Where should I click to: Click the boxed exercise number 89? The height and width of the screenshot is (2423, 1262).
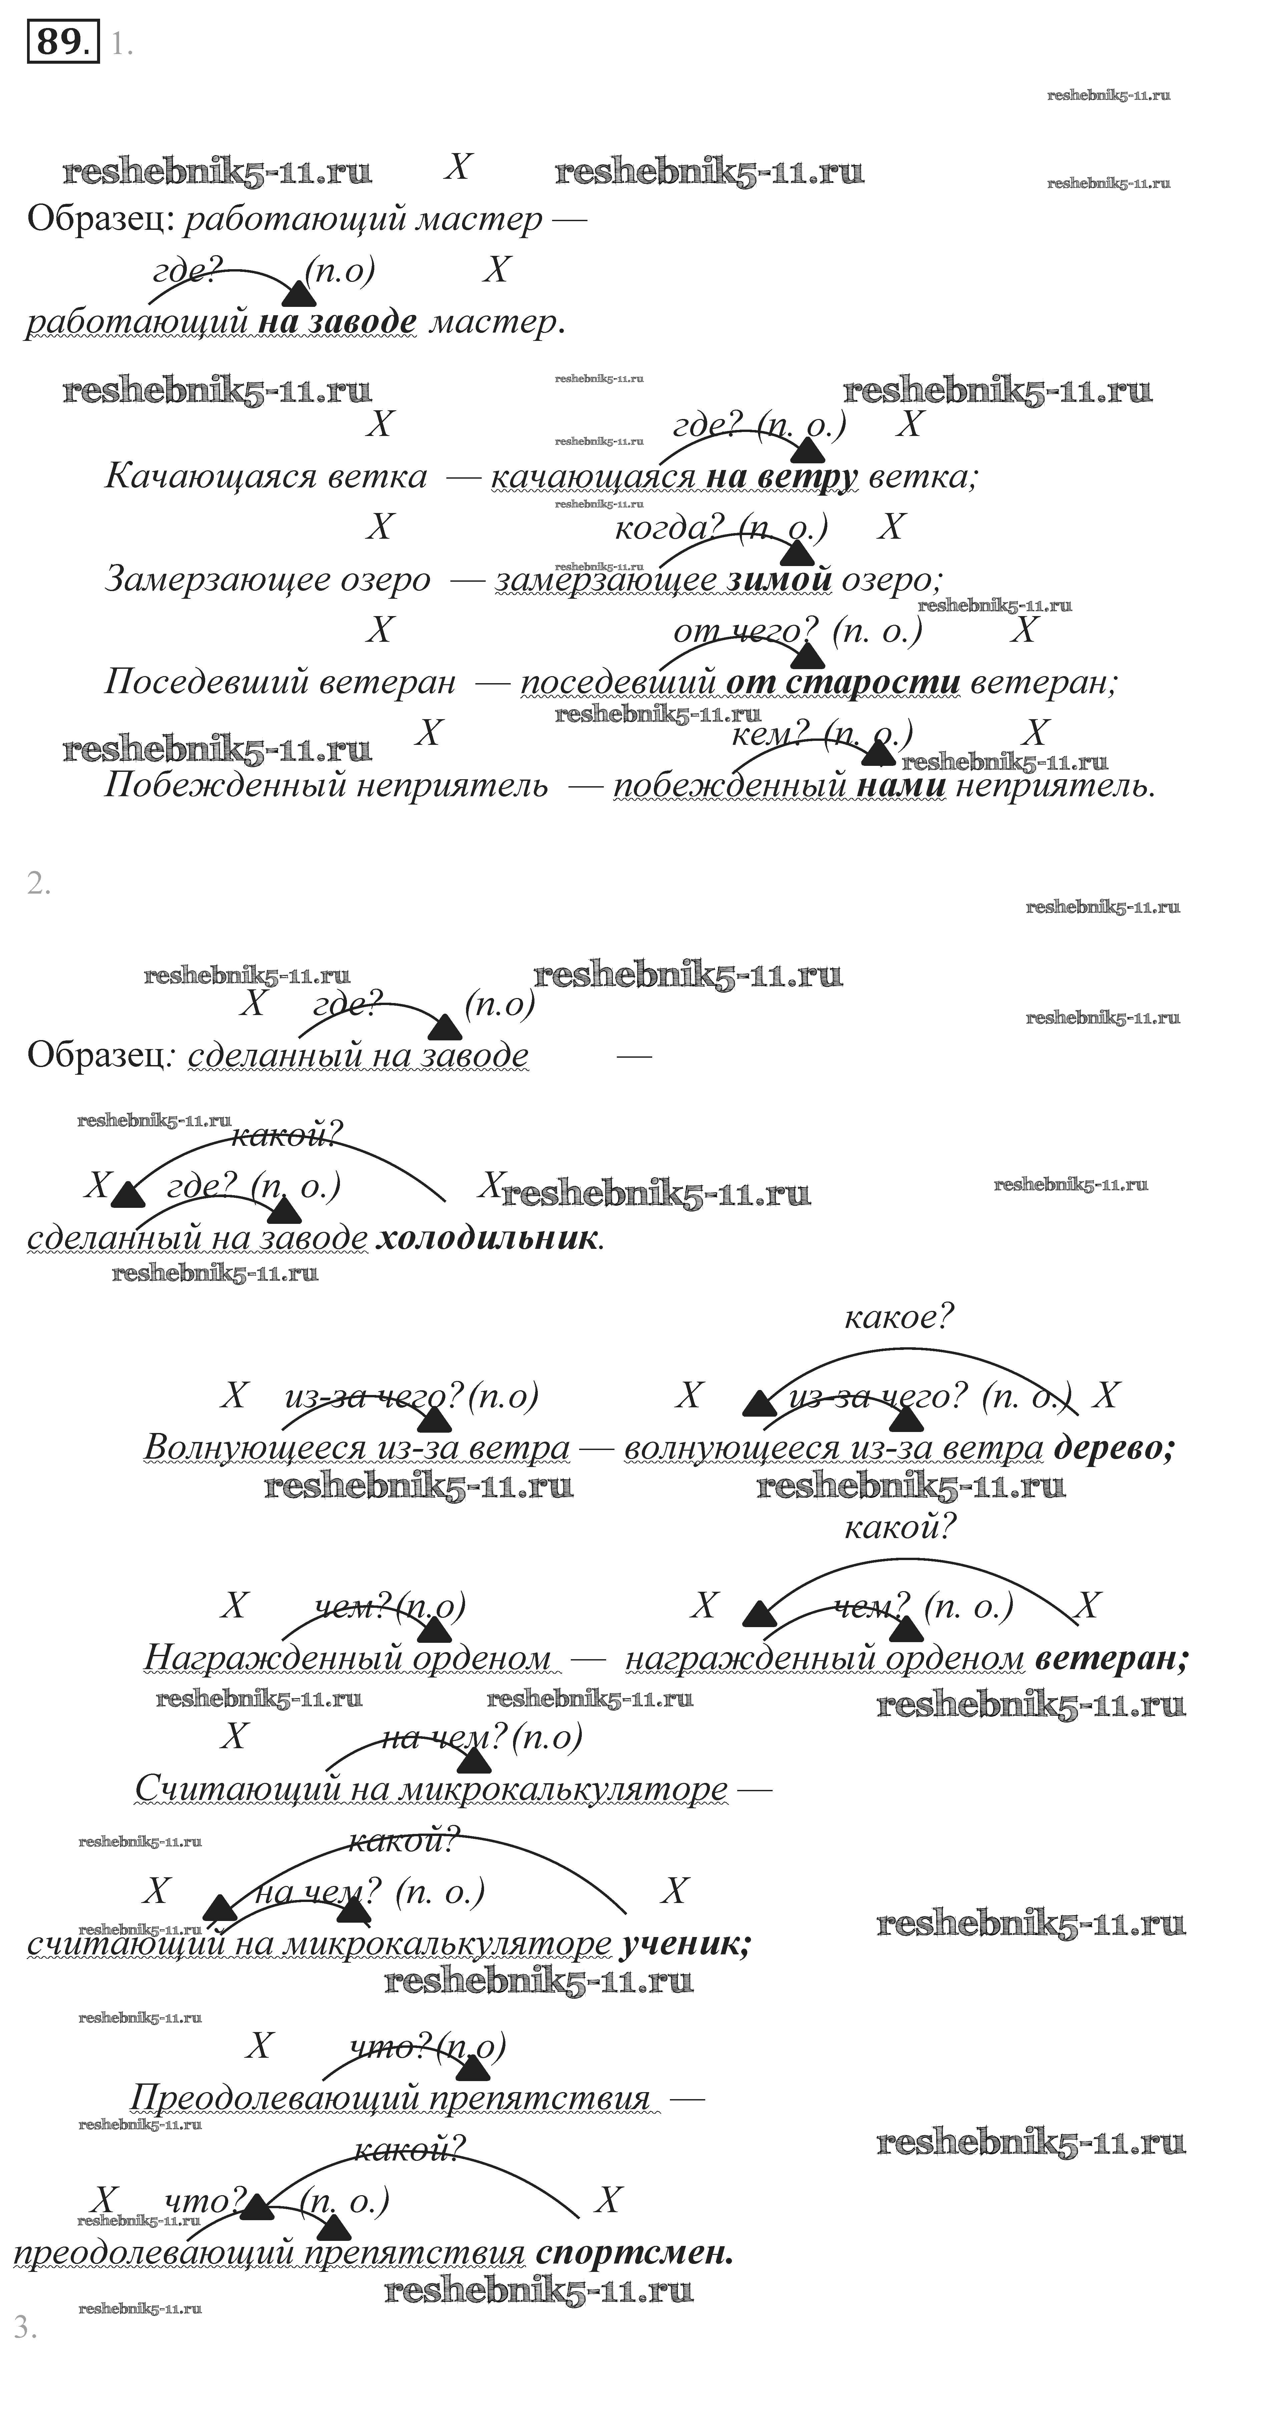62,42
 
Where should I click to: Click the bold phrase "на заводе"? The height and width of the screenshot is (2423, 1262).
337,322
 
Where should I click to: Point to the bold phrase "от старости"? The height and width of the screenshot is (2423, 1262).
843,681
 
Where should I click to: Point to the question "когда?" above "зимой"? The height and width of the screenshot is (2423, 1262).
669,528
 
